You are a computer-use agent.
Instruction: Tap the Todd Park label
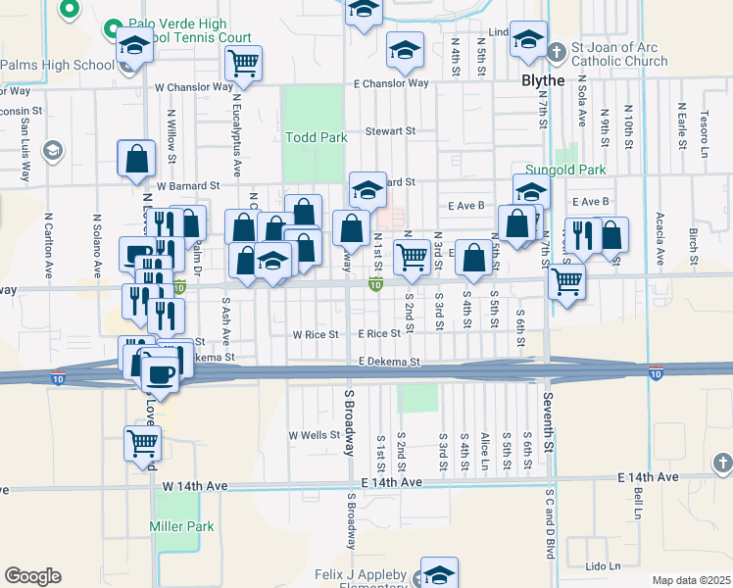[316, 137]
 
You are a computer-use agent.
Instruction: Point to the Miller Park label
[181, 526]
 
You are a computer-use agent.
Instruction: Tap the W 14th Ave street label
[195, 485]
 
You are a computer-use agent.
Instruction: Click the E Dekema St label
[389, 362]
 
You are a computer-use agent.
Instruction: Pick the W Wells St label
[314, 435]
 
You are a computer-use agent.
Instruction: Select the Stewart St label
[391, 130]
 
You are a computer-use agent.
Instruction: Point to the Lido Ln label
[602, 566]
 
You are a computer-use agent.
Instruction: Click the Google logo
[32, 576]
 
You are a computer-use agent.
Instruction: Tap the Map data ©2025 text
[691, 580]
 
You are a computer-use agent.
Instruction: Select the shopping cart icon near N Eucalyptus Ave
[243, 63]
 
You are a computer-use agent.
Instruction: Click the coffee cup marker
[160, 374]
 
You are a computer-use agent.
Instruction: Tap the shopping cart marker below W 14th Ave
[143, 443]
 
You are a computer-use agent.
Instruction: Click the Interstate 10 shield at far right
[656, 374]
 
